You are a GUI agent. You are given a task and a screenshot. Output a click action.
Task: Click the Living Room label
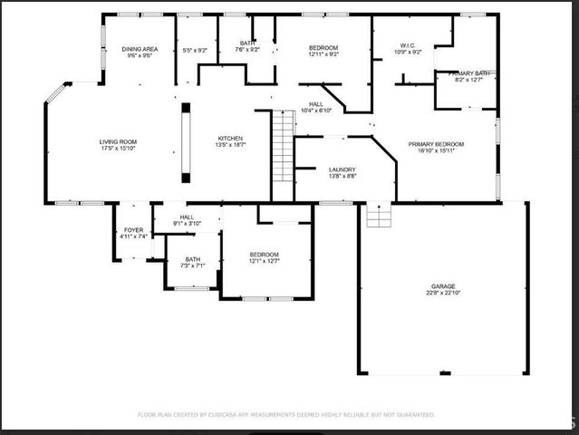pyautogui.click(x=118, y=141)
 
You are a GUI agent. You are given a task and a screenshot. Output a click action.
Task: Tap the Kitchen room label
pyautogui.click(x=229, y=139)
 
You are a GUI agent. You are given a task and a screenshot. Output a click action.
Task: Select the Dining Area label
pyautogui.click(x=140, y=48)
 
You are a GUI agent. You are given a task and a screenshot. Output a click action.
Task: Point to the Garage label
pyautogui.click(x=443, y=285)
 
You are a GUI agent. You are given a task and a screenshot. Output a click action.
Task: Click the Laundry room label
pyautogui.click(x=342, y=169)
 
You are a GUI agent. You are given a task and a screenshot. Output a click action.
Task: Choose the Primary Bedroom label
pyautogui.click(x=436, y=144)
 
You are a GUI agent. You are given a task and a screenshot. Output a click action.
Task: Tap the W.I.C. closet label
pyautogui.click(x=408, y=45)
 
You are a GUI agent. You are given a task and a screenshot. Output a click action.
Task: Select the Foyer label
pyautogui.click(x=133, y=230)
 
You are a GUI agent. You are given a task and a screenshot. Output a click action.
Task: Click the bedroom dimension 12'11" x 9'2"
pyautogui.click(x=323, y=54)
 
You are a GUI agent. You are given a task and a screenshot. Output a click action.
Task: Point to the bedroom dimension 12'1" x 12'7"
pyautogui.click(x=265, y=261)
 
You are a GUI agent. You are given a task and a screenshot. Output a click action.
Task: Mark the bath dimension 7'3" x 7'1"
pyautogui.click(x=193, y=266)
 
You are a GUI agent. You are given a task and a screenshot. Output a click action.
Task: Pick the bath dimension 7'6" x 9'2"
pyautogui.click(x=247, y=50)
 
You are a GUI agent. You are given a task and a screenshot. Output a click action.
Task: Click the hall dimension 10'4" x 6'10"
pyautogui.click(x=316, y=111)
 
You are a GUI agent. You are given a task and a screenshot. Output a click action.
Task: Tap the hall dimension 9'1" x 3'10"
pyautogui.click(x=187, y=224)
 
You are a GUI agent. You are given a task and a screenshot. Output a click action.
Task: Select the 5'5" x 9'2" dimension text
pyautogui.click(x=195, y=50)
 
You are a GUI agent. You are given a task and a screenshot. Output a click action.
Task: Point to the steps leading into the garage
pyautogui.click(x=378, y=216)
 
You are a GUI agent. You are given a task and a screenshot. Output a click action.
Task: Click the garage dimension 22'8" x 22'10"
pyautogui.click(x=443, y=292)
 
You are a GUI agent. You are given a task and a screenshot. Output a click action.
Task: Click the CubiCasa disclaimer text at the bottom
pyautogui.click(x=285, y=414)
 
